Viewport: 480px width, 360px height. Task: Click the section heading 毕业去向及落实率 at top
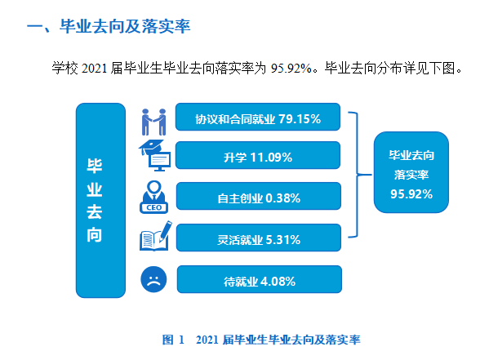pos(109,28)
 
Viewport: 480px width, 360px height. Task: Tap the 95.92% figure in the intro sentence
pos(293,69)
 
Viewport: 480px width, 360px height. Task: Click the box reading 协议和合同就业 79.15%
pos(257,119)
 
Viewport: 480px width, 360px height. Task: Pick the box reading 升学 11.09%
pos(257,156)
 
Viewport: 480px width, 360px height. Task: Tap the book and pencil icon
pos(153,238)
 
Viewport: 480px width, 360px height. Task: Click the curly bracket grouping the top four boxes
pos(356,174)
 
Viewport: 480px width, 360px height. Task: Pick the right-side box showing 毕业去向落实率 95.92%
pos(411,173)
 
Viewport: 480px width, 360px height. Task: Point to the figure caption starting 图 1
pos(261,338)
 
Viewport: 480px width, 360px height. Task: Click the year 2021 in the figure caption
pos(208,338)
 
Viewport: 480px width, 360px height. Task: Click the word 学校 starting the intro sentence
pos(64,69)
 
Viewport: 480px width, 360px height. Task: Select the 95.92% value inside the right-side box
pos(411,193)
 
